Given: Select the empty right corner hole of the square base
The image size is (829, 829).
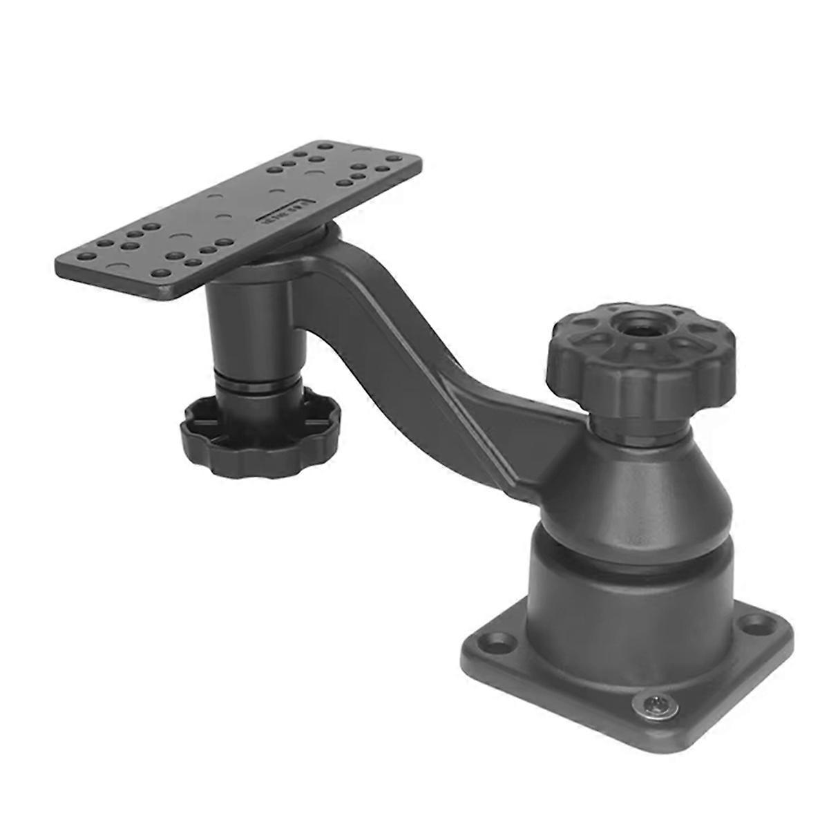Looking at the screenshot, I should (751, 627).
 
